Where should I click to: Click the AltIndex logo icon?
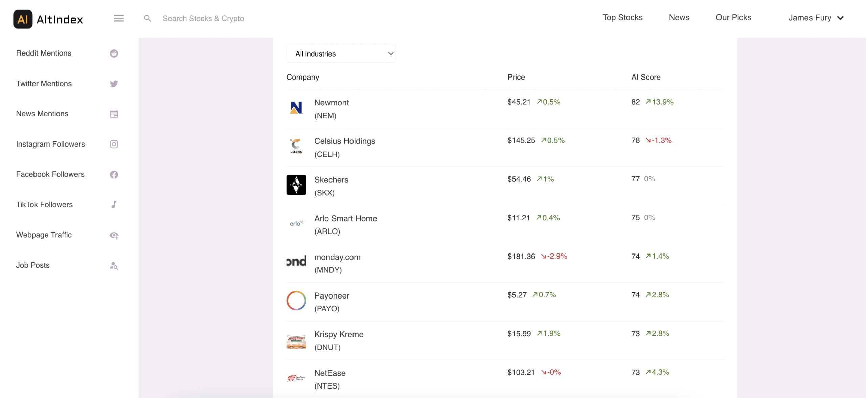click(23, 19)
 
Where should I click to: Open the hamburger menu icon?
click(119, 18)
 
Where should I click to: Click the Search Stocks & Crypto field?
click(203, 19)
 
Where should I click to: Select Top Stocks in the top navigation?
click(622, 18)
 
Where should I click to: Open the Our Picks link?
click(733, 18)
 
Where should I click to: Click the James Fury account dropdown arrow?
click(840, 18)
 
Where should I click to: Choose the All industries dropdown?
click(341, 54)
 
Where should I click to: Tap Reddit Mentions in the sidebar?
click(44, 53)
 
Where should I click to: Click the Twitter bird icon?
click(114, 84)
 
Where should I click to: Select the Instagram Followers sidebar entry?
click(50, 144)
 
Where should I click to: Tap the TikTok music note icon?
click(114, 205)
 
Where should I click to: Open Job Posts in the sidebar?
click(33, 265)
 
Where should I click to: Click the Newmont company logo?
click(296, 108)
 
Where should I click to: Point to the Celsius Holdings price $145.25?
click(521, 140)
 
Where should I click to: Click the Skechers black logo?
click(296, 185)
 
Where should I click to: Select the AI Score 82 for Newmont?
click(635, 102)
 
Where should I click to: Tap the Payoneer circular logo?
click(296, 301)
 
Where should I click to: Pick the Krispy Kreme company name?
click(339, 334)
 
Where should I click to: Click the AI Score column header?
click(646, 77)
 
